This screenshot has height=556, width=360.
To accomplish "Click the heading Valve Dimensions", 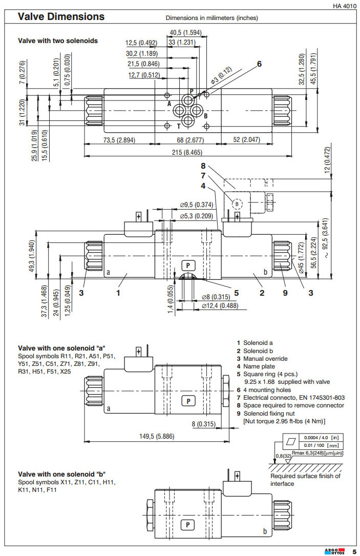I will pyautogui.click(x=61, y=17).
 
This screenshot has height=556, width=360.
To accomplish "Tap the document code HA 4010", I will pyautogui.click(x=344, y=6).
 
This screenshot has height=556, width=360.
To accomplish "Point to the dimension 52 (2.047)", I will pyautogui.click(x=243, y=140).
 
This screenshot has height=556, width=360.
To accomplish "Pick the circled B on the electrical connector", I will pyautogui.click(x=237, y=203).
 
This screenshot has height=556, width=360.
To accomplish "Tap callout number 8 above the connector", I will pyautogui.click(x=204, y=166).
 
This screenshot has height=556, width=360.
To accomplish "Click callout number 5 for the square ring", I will pyautogui.click(x=237, y=293).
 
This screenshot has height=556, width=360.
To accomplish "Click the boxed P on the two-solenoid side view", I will pyautogui.click(x=188, y=265).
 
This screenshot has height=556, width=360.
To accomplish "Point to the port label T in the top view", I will pyautogui.click(x=178, y=126).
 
